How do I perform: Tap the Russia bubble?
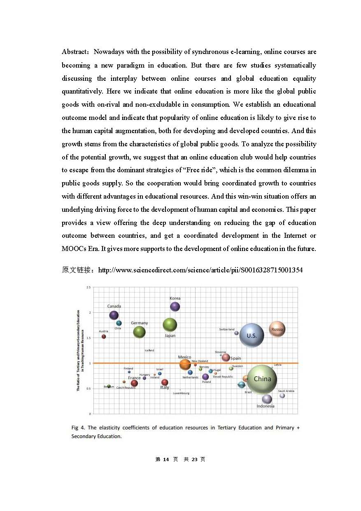click(277, 329)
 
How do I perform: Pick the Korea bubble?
click(175, 306)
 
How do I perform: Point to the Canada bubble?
click(114, 315)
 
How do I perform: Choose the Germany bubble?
click(140, 332)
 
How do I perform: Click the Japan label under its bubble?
click(170, 336)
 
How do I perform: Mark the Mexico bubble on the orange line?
click(185, 364)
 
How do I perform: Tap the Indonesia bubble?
click(267, 399)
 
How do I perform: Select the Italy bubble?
click(165, 382)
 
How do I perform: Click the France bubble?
click(134, 383)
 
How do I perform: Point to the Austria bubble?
click(104, 337)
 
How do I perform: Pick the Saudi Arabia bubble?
click(282, 396)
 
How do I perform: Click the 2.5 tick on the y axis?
click(89, 287)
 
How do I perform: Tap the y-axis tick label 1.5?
click(89, 338)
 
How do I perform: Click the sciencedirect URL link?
click(200, 270)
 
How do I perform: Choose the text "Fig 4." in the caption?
click(78, 428)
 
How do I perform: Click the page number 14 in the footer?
click(166, 459)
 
